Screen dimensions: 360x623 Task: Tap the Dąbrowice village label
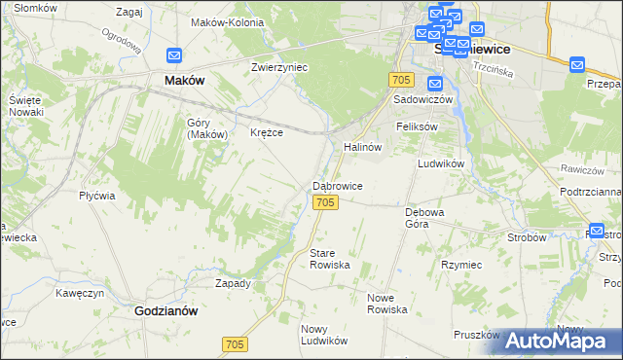(338, 185)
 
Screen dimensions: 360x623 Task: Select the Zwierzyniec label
(279, 67)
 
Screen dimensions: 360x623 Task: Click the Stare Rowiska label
(329, 258)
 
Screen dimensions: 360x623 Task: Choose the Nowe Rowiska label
(386, 303)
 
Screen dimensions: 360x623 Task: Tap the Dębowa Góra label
(424, 216)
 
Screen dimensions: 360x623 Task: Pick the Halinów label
(361, 146)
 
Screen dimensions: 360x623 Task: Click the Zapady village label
(233, 283)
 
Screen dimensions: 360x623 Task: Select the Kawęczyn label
(80, 292)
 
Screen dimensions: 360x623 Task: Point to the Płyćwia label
(97, 195)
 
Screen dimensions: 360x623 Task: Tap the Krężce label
(267, 132)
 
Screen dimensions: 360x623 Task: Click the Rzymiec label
(460, 265)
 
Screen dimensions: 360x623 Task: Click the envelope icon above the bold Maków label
(174, 57)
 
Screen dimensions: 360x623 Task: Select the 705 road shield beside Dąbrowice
(326, 201)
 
